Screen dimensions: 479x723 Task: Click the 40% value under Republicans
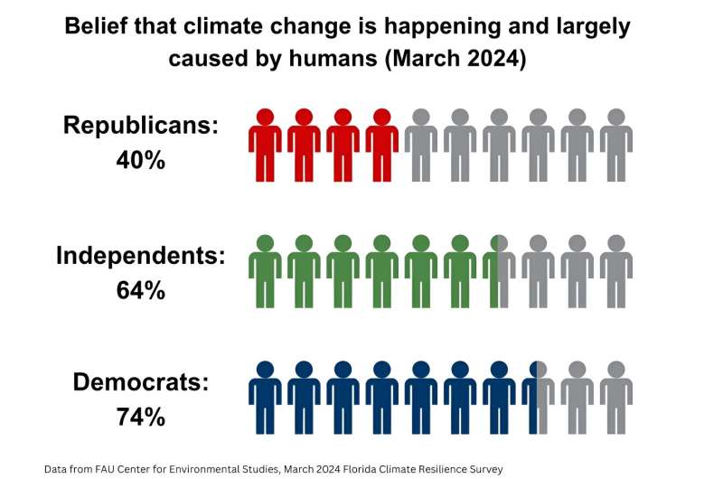tap(141, 161)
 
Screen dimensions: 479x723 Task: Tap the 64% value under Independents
tap(141, 290)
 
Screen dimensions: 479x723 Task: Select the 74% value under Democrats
tap(141, 417)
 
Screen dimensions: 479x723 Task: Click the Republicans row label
tap(141, 126)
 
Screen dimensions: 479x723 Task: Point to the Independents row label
tap(140, 255)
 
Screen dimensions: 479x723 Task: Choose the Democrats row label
tap(141, 381)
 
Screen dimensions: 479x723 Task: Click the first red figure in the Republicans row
tap(265, 145)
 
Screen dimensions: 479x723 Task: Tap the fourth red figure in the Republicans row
tap(382, 145)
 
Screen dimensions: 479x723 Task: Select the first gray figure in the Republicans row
tap(421, 145)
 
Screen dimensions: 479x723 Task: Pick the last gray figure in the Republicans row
tap(616, 145)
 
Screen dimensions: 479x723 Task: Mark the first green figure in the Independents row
tap(265, 271)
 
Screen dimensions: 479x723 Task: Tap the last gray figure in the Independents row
tap(616, 271)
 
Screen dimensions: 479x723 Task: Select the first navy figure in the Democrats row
tap(265, 398)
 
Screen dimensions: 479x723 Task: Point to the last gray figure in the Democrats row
tap(616, 398)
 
